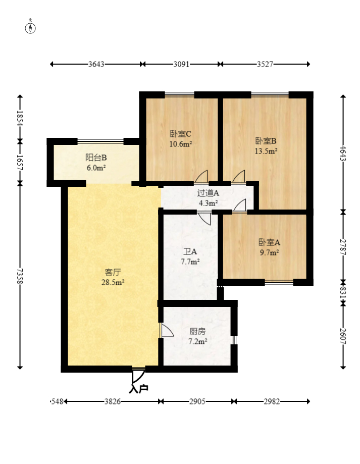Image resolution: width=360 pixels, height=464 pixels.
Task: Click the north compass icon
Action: point(31,27)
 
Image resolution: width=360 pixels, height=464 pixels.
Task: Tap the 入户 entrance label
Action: point(138,389)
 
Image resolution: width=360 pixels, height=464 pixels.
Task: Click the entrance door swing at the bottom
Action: point(138,376)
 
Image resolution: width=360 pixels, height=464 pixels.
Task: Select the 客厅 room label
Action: point(113,273)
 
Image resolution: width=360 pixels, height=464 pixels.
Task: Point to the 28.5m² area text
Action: point(113,283)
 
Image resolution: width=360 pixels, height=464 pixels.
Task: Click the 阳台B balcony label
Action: point(95,157)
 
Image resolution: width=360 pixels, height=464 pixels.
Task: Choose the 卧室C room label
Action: point(180,134)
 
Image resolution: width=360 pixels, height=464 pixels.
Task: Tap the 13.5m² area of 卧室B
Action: point(266,150)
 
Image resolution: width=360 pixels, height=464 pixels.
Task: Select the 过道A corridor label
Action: point(208,193)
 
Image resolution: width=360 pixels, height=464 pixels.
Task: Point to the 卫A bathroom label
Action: point(190,251)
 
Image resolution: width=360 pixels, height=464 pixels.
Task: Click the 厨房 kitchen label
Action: point(197,332)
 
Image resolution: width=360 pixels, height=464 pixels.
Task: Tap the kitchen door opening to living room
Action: point(166,331)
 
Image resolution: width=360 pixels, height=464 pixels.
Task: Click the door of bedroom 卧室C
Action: point(201,177)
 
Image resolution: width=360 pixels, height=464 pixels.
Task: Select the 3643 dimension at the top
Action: point(96,64)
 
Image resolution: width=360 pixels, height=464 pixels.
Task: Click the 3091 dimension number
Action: point(181,64)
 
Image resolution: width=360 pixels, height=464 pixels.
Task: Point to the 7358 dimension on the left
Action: point(20,276)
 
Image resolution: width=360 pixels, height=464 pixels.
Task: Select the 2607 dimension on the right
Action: point(343,336)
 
